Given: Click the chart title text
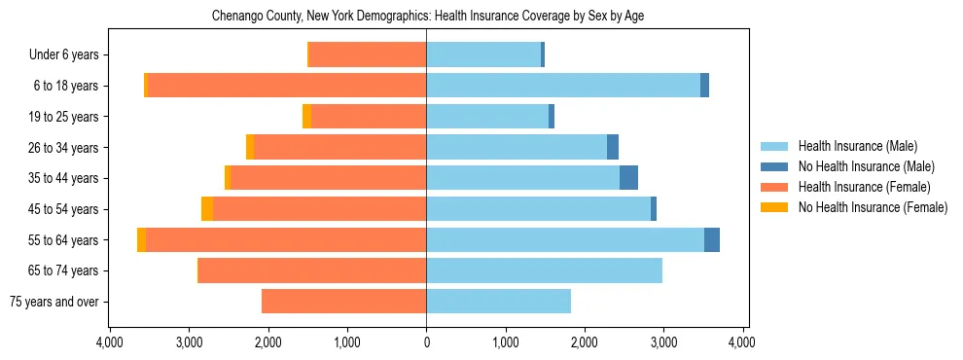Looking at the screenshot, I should [428, 16].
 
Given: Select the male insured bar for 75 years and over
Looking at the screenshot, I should [498, 302].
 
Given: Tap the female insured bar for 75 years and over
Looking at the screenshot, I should [343, 302].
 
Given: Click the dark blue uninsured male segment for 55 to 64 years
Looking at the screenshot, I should [712, 239].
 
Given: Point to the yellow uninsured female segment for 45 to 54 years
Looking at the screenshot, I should [207, 209].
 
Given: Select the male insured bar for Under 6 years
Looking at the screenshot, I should [483, 54].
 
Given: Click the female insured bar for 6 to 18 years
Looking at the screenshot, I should [287, 86].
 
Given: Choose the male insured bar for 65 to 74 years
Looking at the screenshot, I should [544, 270].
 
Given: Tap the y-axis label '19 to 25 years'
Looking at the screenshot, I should [63, 117].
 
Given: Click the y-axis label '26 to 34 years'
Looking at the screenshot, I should [63, 148].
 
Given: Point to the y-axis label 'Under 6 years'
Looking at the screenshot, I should [63, 55].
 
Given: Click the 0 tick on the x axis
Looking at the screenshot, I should [426, 342].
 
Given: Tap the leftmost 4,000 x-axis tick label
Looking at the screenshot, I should [109, 342].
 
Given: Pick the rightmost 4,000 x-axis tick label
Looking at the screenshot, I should [743, 342].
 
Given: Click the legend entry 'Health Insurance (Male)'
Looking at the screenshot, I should [857, 146].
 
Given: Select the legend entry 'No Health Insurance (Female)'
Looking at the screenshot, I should [873, 207].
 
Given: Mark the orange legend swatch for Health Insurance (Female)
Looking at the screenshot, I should [774, 187].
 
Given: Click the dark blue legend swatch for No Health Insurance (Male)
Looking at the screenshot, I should [774, 166].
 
